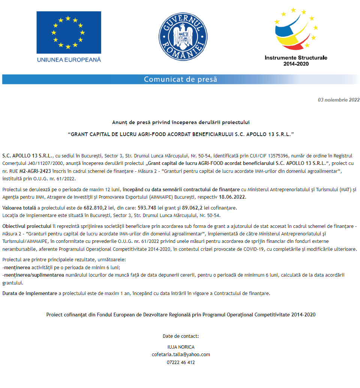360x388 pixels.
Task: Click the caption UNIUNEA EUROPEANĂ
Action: point(69,59)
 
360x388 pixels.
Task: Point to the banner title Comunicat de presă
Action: point(180,79)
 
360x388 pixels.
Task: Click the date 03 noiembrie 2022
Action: point(339,100)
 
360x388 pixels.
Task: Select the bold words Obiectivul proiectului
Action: point(27,226)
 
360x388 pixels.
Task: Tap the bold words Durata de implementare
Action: point(30,293)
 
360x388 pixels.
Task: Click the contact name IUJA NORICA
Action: point(181,347)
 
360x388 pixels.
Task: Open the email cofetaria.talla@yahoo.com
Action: point(181,354)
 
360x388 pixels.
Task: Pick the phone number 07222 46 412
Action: point(181,362)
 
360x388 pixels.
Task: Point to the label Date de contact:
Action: point(181,336)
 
